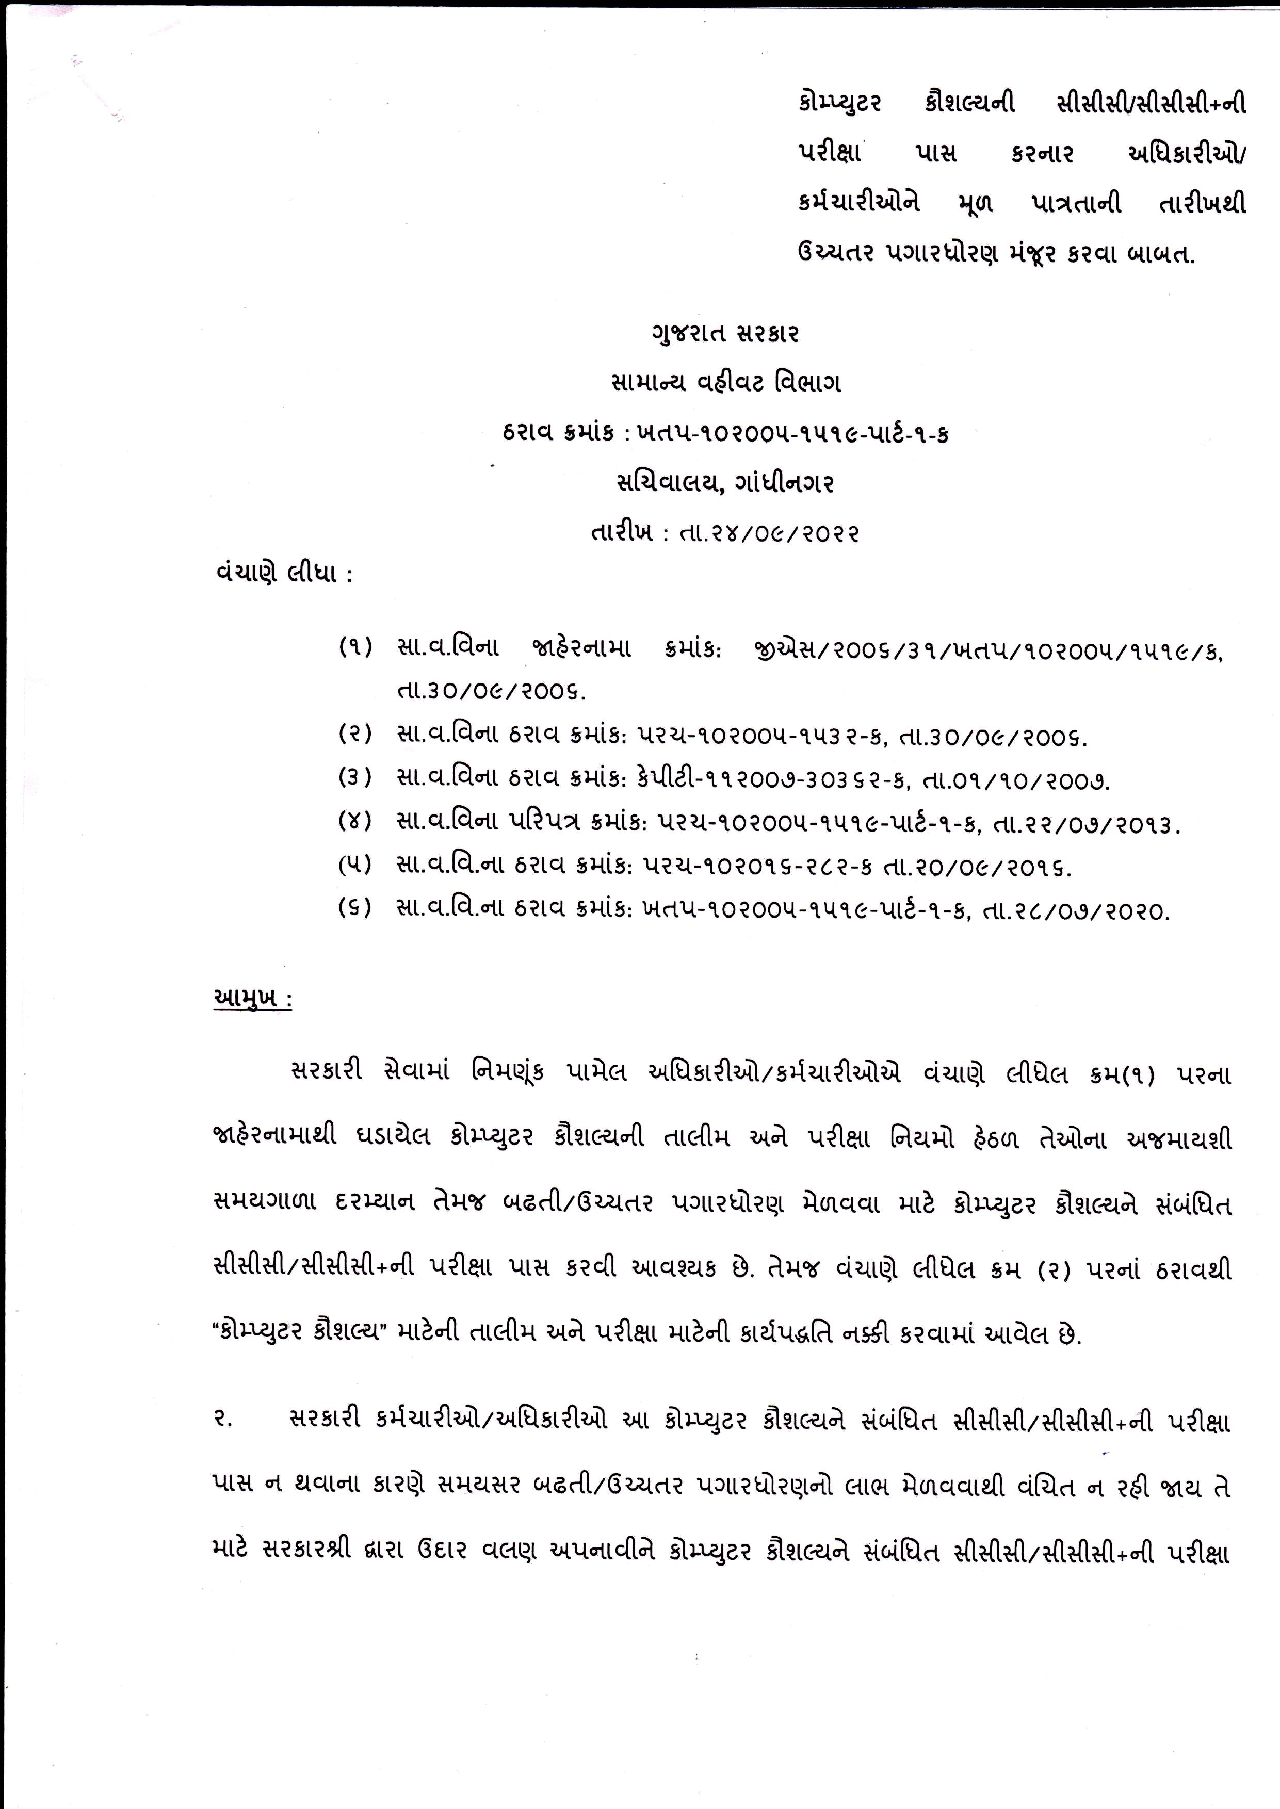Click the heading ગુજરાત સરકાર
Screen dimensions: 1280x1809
pos(725,334)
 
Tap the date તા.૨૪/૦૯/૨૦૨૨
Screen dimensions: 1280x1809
pos(760,534)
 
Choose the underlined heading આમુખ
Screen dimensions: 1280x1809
pos(252,999)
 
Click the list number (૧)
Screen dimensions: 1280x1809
pos(354,648)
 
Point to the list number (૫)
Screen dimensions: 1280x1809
pos(354,867)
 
